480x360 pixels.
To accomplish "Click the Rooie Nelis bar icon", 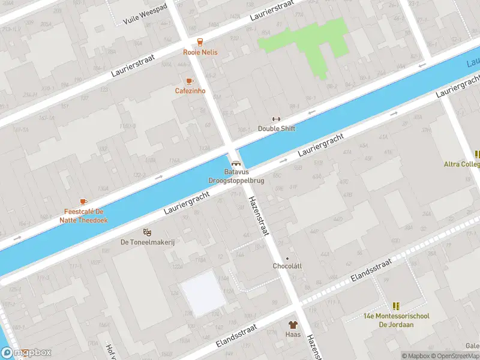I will (200, 42).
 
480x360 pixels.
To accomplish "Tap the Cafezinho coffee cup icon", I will (190, 81).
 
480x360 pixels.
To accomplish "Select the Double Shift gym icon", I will (276, 119).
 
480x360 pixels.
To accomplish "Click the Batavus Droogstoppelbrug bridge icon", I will (236, 163).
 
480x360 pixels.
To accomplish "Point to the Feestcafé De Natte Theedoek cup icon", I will (83, 202).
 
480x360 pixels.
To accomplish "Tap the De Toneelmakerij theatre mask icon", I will (147, 232).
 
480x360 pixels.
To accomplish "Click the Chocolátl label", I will (287, 266).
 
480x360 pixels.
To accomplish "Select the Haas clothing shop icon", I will (293, 325).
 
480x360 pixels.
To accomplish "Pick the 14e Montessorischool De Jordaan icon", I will (396, 306).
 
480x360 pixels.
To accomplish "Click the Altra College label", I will (461, 164).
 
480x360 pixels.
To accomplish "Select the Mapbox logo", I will (26, 353).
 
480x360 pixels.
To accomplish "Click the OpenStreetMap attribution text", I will (455, 356).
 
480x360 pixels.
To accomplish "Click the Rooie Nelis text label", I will (200, 52).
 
